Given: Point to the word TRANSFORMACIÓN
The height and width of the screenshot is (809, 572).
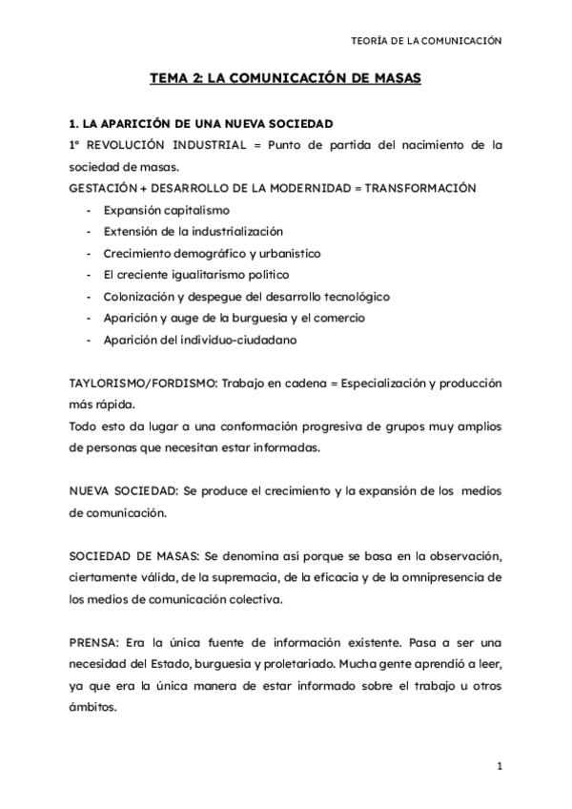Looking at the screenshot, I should pyautogui.click(x=421, y=188).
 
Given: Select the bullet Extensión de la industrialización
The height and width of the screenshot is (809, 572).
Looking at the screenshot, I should pyautogui.click(x=194, y=231).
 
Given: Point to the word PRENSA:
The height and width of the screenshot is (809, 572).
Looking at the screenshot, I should pyautogui.click(x=93, y=642).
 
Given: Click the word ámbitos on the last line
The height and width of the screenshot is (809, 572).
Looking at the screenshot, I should pyautogui.click(x=93, y=707).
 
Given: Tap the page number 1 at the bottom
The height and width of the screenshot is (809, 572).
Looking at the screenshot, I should pyautogui.click(x=499, y=766).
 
